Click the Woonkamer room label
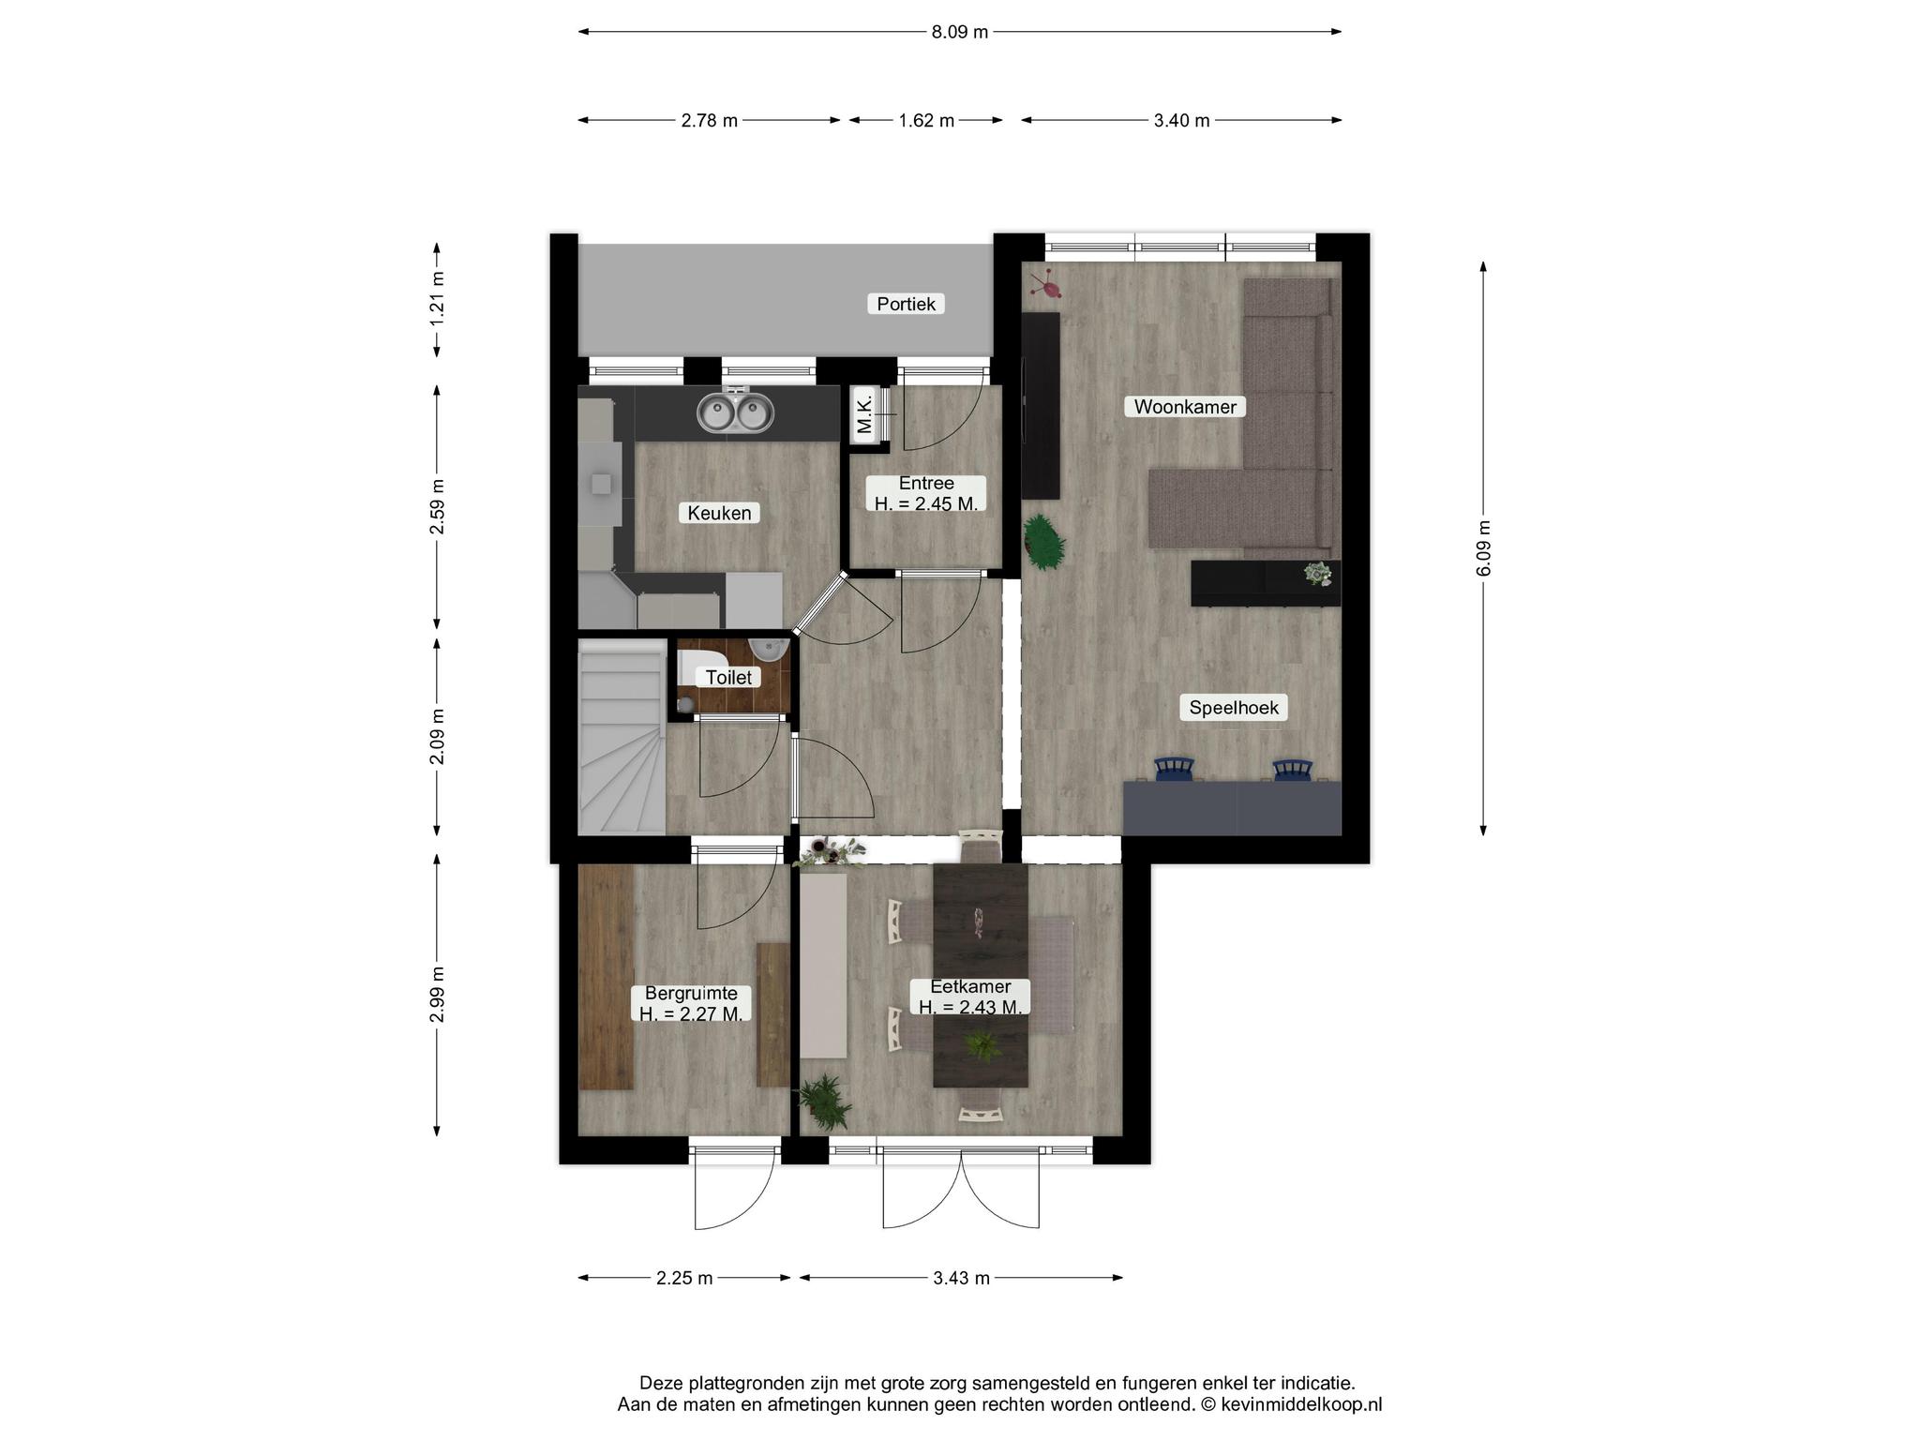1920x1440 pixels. [1185, 406]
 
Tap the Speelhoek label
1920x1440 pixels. [1234, 707]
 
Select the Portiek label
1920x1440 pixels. [906, 303]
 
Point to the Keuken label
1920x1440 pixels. [719, 512]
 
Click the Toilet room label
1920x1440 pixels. [728, 676]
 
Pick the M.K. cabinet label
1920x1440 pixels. [864, 413]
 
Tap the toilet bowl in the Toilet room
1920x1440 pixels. [695, 667]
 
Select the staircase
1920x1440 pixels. [622, 737]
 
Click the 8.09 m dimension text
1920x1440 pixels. [959, 32]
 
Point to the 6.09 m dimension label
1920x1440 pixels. [1483, 548]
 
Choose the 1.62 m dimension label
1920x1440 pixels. [926, 120]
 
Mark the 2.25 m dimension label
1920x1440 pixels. [684, 1278]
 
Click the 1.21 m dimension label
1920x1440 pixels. [437, 298]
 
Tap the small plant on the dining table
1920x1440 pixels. [982, 1045]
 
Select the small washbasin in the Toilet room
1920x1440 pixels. [770, 649]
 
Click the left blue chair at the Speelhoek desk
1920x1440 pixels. [1174, 769]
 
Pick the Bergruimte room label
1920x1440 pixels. [691, 1003]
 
